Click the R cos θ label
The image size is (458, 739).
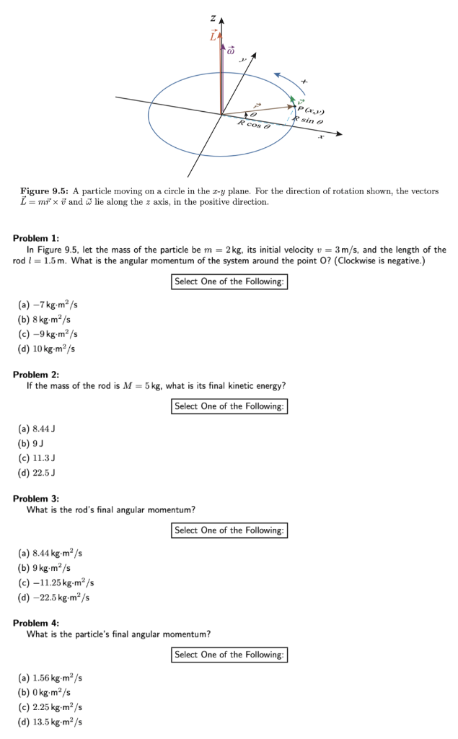pos(254,125)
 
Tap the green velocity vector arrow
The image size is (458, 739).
pos(294,102)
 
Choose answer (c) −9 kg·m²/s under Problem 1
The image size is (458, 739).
pos(48,334)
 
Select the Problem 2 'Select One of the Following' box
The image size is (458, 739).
pos(230,406)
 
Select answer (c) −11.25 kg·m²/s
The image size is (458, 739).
pos(56,582)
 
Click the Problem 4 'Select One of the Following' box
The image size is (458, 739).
pos(230,655)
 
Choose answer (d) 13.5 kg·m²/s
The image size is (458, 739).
pos(50,722)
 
